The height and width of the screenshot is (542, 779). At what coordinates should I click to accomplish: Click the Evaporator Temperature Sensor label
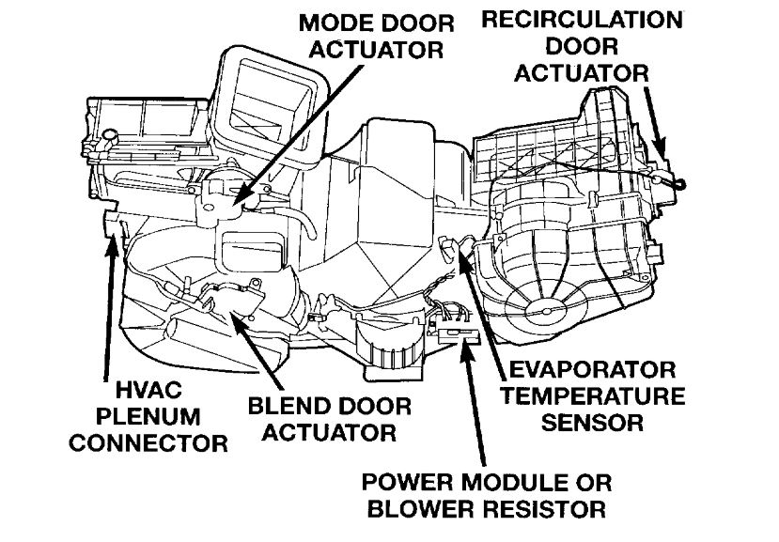tap(592, 395)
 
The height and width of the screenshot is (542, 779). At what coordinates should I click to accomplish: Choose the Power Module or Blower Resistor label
tap(487, 497)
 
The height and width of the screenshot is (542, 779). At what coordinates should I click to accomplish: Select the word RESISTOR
tap(538, 510)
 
